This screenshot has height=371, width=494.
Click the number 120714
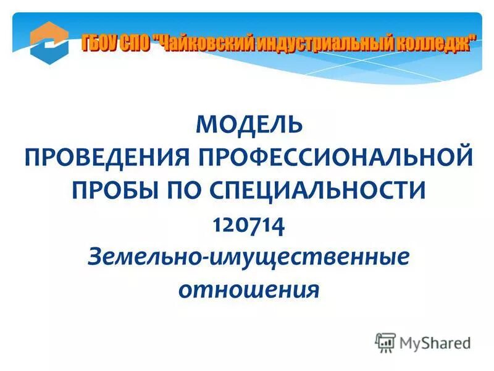[x=249, y=222]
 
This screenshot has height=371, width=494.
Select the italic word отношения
[x=249, y=288]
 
